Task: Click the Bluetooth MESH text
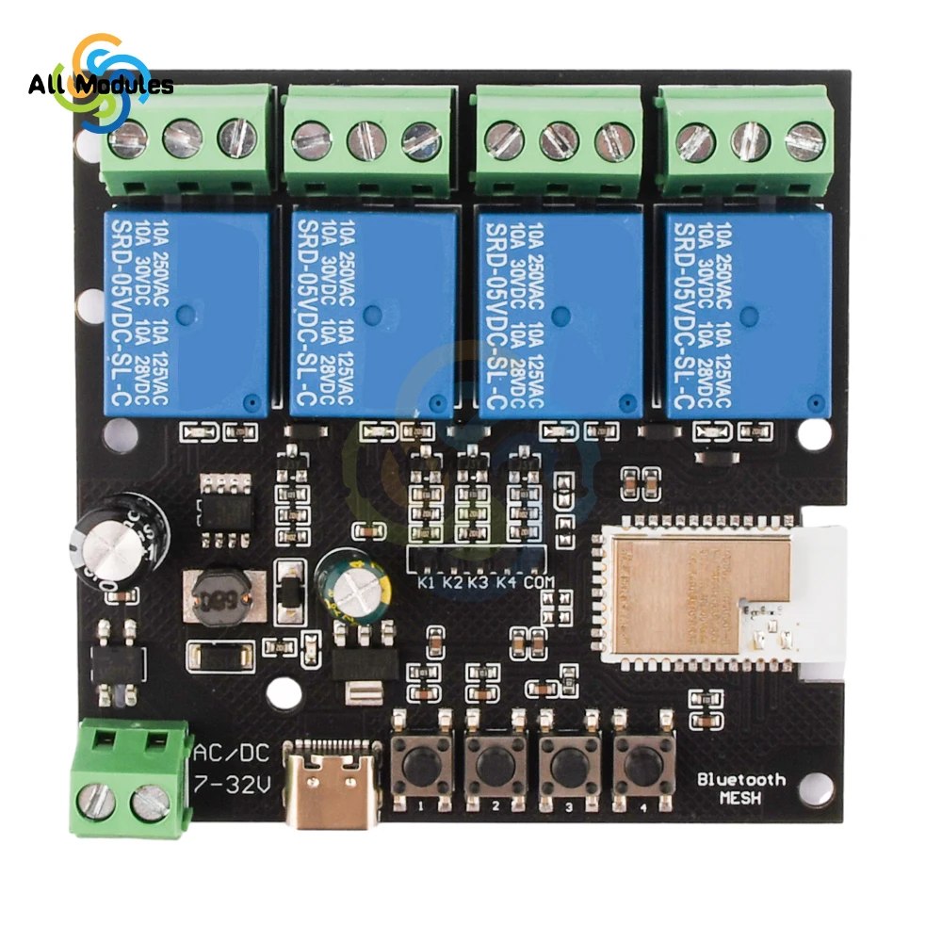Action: tap(741, 788)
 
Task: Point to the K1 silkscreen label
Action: tap(426, 583)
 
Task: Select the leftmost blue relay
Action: tap(186, 312)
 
